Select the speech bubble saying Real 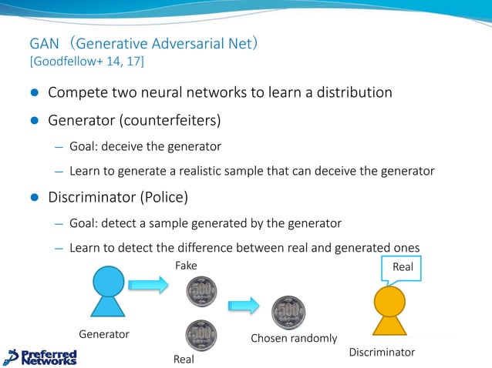(x=403, y=267)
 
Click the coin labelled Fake (x=201, y=293)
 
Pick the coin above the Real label (x=201, y=336)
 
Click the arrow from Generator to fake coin (x=148, y=286)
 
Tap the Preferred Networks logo (x=41, y=356)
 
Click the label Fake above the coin (x=186, y=265)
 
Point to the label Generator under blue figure (x=104, y=334)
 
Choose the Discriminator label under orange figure (x=382, y=352)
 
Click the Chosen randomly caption (x=294, y=338)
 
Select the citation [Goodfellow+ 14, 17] (x=86, y=61)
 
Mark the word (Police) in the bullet (x=163, y=197)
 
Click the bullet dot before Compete (x=33, y=93)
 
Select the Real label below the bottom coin (x=184, y=359)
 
